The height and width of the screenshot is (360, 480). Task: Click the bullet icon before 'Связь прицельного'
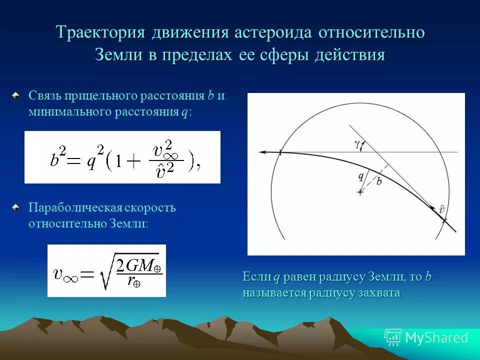(17, 94)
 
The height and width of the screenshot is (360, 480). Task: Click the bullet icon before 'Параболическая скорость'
(17, 206)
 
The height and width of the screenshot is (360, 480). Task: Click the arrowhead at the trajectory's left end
(261, 151)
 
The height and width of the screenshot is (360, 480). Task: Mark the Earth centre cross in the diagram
(359, 192)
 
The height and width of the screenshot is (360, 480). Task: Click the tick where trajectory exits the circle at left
(280, 152)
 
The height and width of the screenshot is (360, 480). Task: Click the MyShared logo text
(436, 338)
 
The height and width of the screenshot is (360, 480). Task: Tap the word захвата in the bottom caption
(378, 293)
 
